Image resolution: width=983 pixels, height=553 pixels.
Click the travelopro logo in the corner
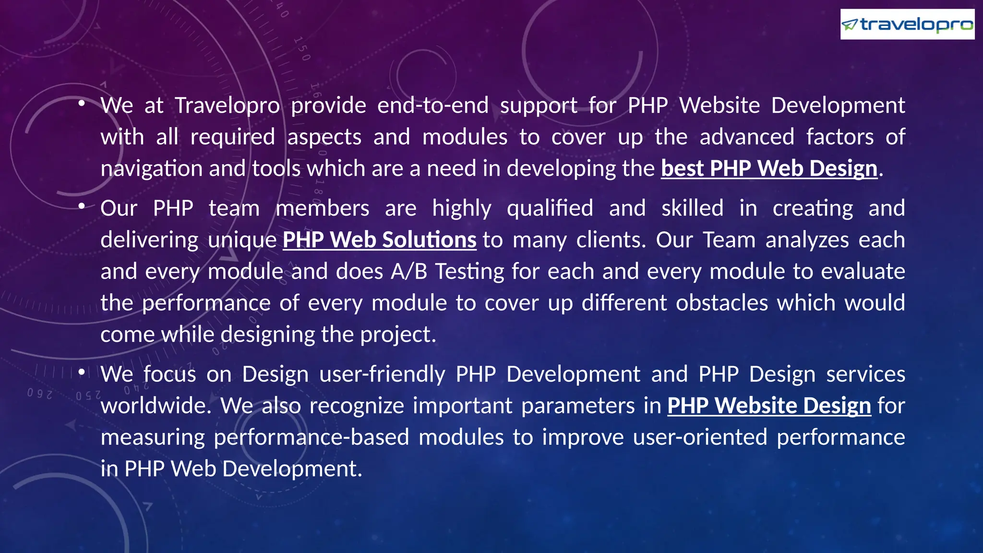(x=907, y=24)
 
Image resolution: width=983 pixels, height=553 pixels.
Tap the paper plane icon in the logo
(x=850, y=24)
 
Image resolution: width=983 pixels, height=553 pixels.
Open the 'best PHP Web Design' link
(x=769, y=168)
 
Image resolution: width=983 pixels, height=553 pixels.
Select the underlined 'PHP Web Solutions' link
(x=379, y=240)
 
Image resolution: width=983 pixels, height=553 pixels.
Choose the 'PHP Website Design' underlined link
(x=769, y=406)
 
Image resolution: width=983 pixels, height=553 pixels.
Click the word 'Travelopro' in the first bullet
(x=227, y=106)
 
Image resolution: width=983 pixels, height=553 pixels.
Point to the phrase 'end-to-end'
(x=433, y=106)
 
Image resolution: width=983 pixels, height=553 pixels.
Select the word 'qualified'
(x=550, y=208)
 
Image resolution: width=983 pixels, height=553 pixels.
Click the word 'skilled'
(x=692, y=208)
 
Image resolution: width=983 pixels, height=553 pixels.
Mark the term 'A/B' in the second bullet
(x=409, y=272)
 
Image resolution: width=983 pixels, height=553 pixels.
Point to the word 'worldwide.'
(x=156, y=406)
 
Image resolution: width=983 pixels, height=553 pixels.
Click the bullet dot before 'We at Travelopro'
(x=82, y=103)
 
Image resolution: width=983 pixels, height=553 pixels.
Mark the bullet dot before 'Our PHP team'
(x=82, y=206)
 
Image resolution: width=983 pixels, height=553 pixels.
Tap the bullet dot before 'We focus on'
(x=82, y=372)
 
